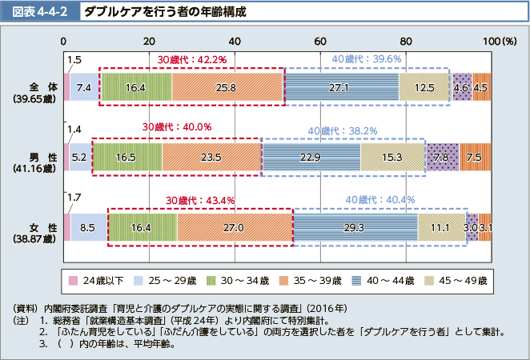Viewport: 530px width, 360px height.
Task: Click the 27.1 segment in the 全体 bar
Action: (x=340, y=86)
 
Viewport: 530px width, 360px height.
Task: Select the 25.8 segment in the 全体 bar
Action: (x=227, y=86)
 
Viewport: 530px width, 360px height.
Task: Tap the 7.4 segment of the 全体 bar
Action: (x=84, y=86)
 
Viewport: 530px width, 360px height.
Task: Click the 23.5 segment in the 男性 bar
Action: (x=211, y=157)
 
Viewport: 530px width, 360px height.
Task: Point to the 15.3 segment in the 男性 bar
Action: (x=391, y=157)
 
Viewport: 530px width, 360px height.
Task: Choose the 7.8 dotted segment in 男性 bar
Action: (x=442, y=157)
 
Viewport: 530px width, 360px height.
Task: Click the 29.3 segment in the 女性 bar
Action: (x=355, y=227)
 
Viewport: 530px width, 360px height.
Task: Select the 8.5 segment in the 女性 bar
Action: (x=88, y=227)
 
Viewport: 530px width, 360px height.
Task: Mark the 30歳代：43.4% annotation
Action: (x=200, y=199)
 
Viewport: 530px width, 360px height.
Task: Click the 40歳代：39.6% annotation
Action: (x=367, y=58)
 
